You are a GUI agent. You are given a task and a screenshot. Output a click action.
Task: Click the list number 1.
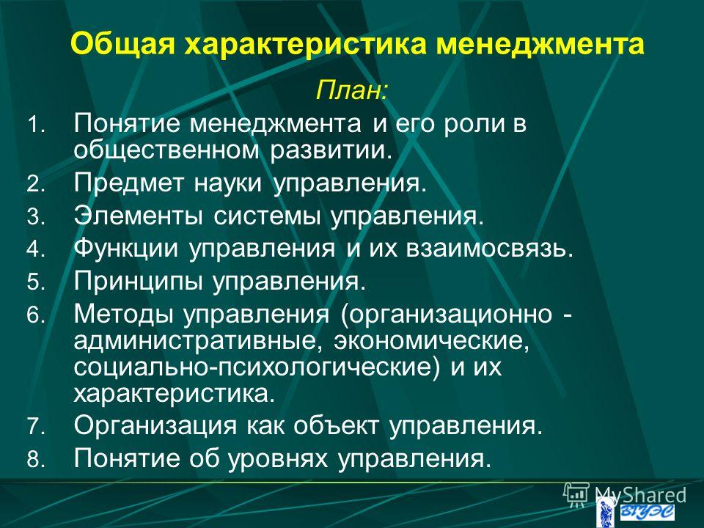(36, 125)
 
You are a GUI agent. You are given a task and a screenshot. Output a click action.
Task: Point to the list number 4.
(36, 250)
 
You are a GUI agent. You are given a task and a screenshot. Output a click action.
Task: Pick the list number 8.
(36, 459)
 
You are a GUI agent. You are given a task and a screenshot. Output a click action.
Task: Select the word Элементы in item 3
(138, 216)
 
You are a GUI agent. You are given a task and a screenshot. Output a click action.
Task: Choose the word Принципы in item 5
(139, 282)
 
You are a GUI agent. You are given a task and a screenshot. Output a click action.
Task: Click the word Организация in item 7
(155, 425)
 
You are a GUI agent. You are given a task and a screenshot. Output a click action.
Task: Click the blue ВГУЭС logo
(647, 513)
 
